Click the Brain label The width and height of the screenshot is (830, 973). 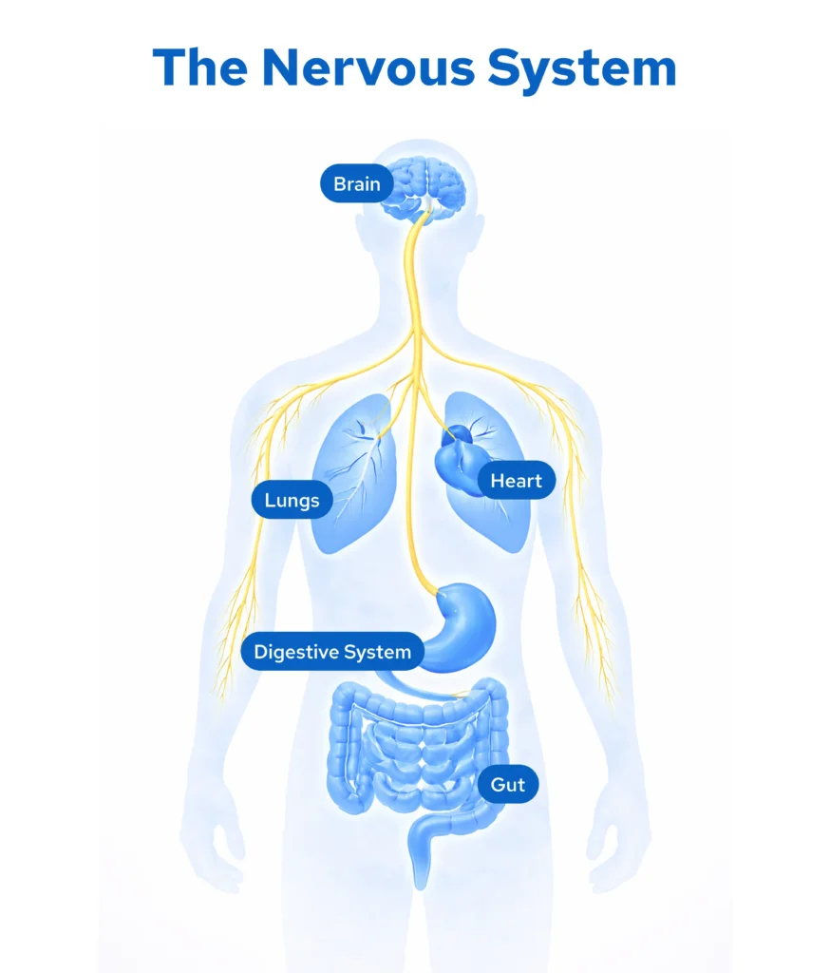[356, 184]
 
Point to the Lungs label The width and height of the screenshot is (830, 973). [292, 500]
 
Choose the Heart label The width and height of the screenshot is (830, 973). [516, 481]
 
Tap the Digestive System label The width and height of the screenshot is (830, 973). [331, 652]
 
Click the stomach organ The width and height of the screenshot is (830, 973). [462, 623]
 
